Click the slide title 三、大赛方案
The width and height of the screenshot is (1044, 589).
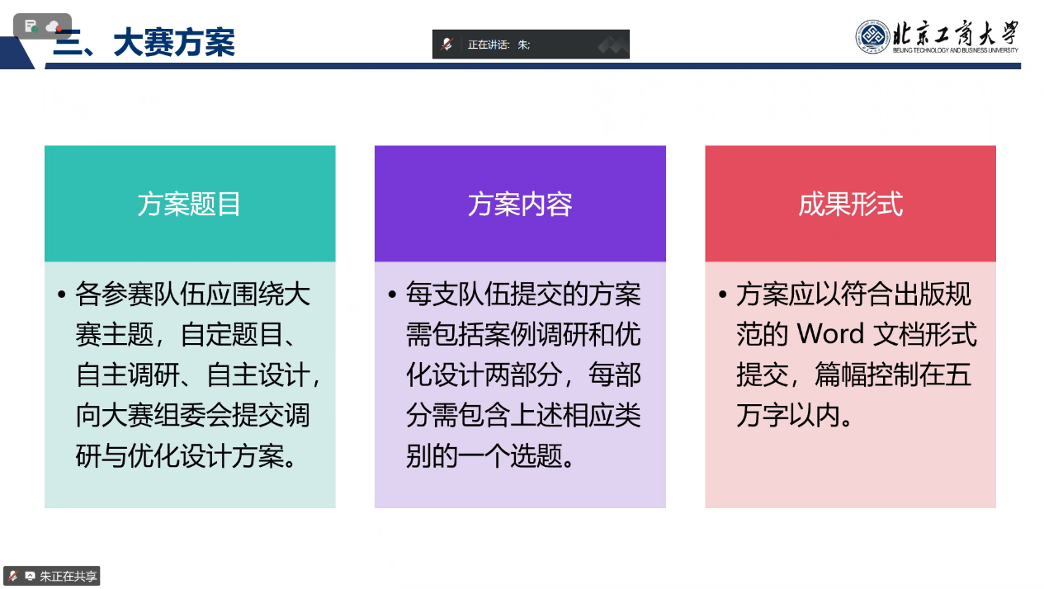(144, 43)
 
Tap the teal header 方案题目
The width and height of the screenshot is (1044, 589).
(189, 204)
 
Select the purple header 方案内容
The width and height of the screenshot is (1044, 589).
(520, 204)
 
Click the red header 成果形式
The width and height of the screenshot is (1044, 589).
(851, 204)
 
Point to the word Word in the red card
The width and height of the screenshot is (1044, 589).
(830, 333)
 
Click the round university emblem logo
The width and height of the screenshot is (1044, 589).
(872, 36)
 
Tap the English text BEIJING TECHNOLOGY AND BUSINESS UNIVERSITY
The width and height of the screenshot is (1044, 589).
(956, 50)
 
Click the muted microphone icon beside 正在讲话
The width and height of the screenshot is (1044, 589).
(447, 45)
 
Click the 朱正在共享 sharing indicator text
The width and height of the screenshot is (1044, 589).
(68, 577)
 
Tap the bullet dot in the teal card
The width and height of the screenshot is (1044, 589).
(62, 294)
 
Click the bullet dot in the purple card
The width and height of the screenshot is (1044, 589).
(392, 294)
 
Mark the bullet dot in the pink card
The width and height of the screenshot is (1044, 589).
(722, 294)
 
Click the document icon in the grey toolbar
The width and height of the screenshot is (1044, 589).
(31, 26)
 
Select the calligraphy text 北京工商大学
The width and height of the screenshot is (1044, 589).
(956, 33)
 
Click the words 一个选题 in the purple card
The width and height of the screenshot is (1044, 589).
(510, 455)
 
